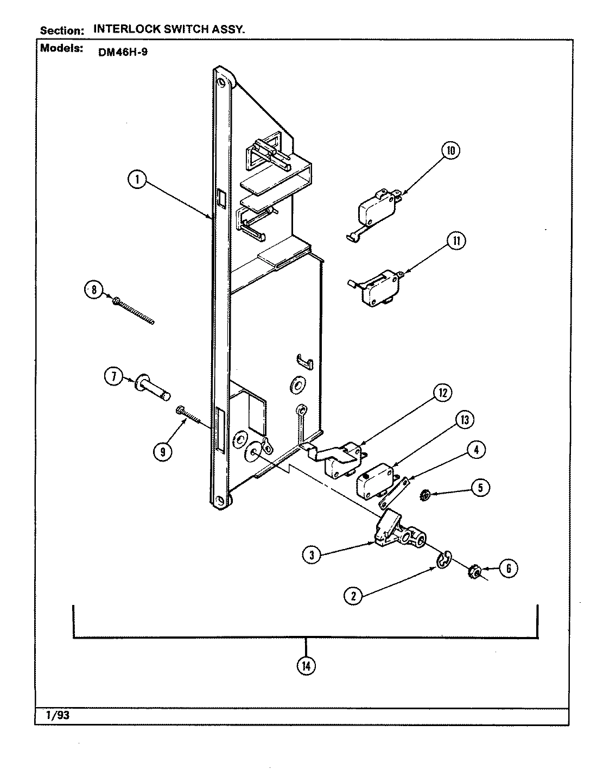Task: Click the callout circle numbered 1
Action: tap(138, 180)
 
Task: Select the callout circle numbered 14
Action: tap(306, 665)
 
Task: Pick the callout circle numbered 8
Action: tap(93, 291)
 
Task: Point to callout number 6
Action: tap(509, 569)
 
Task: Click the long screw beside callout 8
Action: tap(134, 311)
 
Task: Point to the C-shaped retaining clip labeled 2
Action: tap(444, 560)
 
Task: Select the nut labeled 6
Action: tap(474, 573)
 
